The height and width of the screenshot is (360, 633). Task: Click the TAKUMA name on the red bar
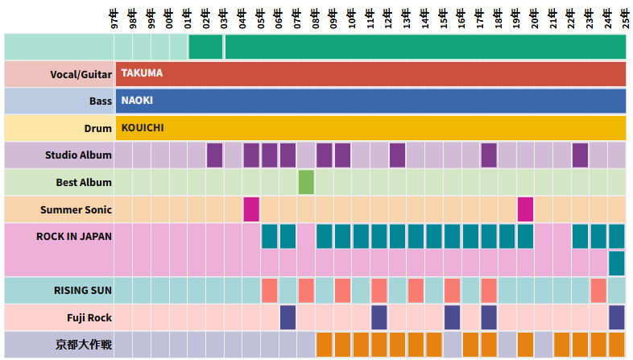point(142,73)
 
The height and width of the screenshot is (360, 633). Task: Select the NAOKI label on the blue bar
point(137,101)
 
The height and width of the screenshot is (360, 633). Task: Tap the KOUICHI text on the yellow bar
point(143,128)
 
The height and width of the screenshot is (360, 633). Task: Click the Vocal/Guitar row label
point(81,73)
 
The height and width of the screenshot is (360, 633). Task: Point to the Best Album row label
point(84,183)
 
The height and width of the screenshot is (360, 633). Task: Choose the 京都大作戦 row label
point(84,345)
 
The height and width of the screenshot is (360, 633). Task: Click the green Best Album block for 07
point(306,182)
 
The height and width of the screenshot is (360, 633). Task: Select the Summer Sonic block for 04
point(251,209)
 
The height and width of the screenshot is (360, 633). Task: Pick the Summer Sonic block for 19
point(525,209)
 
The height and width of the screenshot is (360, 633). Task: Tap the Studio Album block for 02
point(214,155)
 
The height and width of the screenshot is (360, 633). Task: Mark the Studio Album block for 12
point(397,155)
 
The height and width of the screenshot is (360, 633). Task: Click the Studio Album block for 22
point(580,155)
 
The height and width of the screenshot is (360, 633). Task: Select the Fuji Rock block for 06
point(288,317)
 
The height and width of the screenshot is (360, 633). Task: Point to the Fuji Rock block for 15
point(452,317)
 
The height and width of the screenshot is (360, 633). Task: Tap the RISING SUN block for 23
point(598,290)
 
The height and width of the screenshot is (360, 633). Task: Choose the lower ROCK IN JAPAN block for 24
point(617,263)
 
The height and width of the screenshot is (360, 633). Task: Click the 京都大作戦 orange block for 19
point(525,344)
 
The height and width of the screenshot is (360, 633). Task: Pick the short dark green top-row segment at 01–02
point(205,47)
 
